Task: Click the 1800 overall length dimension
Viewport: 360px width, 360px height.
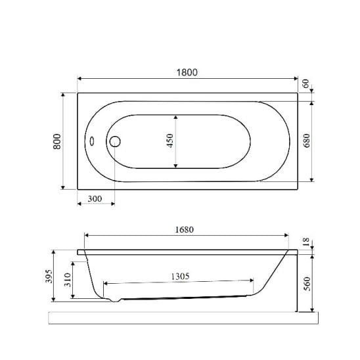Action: pyautogui.click(x=187, y=72)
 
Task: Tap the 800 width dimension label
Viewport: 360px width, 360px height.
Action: pyautogui.click(x=57, y=141)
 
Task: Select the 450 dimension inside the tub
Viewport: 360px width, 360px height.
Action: pyautogui.click(x=170, y=141)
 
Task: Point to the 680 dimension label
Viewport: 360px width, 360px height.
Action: pyautogui.click(x=306, y=141)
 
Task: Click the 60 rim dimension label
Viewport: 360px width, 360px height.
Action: pyautogui.click(x=305, y=83)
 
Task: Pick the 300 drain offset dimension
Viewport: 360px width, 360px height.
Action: pyautogui.click(x=95, y=198)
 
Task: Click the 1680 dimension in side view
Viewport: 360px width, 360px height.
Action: pyautogui.click(x=185, y=229)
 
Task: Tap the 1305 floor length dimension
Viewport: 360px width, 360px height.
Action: pyautogui.click(x=180, y=276)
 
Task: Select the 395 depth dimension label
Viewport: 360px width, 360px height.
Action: pyautogui.click(x=49, y=276)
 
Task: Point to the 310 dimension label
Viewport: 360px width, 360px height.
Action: pyautogui.click(x=68, y=280)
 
